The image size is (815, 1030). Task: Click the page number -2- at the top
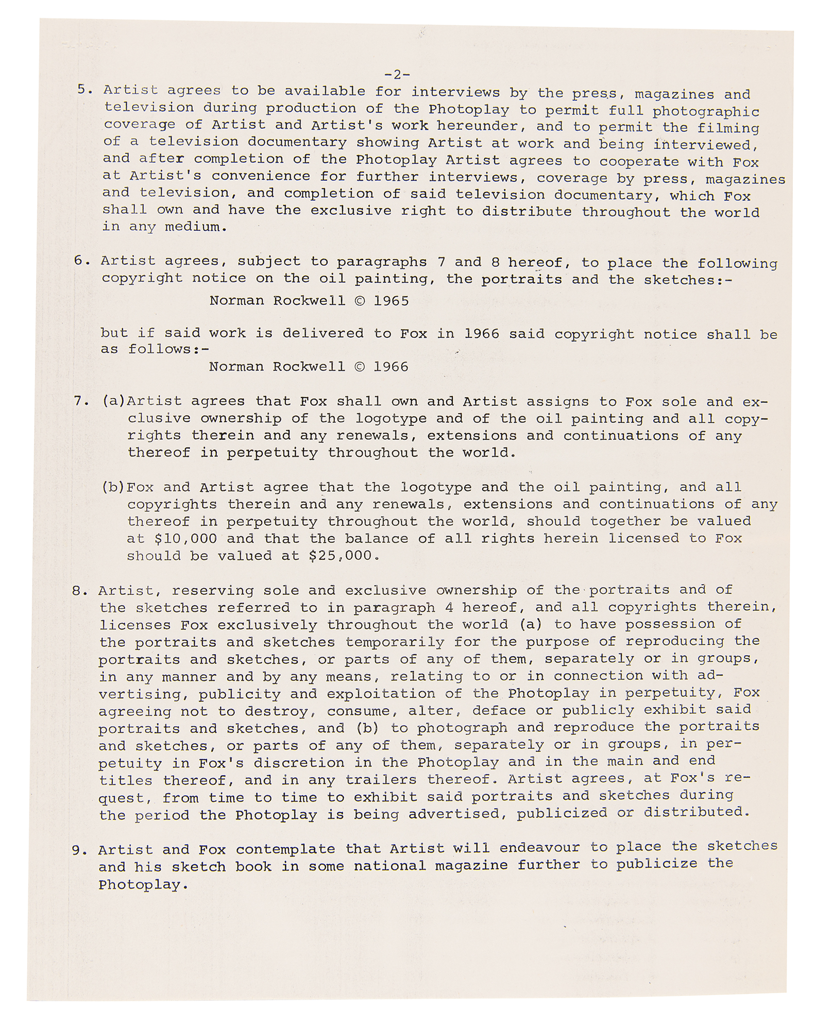tap(397, 75)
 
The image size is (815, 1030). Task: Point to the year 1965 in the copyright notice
tap(391, 301)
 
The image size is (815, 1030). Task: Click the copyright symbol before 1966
tap(359, 367)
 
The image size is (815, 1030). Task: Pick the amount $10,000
tap(185, 539)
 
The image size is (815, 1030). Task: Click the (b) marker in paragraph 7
tap(113, 487)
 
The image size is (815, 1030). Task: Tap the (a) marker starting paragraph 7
tap(114, 401)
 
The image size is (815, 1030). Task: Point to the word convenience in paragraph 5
tap(261, 176)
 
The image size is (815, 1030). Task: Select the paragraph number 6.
tap(81, 261)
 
